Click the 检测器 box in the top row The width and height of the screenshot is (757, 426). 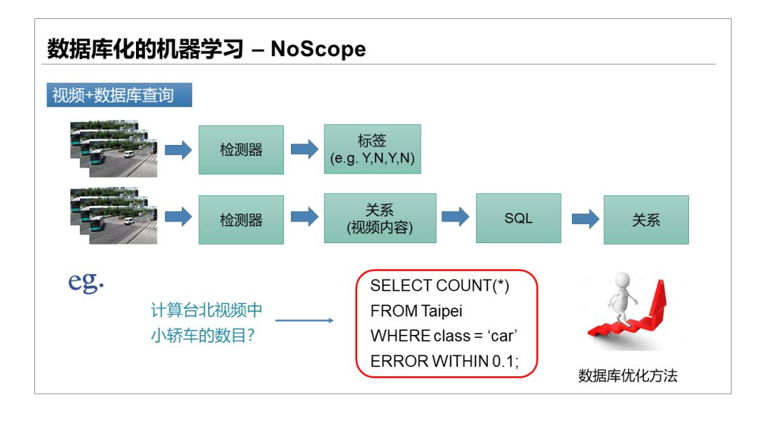pos(241,149)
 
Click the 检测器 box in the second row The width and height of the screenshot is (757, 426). pos(241,219)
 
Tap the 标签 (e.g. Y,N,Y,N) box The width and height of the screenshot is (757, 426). pos(372,149)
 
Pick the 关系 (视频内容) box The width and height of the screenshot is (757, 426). pos(380,219)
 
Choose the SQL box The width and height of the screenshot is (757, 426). pos(519,219)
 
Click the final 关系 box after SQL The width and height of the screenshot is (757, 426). pos(646,219)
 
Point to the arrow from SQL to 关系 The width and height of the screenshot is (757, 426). pos(585,219)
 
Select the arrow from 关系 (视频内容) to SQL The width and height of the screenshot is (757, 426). pos(456,217)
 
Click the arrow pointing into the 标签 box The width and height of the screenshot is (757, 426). pos(304,149)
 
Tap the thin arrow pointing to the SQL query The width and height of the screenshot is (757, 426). pos(304,321)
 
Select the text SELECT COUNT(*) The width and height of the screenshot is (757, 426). pos(440,286)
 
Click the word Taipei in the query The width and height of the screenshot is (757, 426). pos(442,310)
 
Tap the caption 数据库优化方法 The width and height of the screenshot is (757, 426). pos(628,376)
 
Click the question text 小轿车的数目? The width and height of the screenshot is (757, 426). pos(203,336)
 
